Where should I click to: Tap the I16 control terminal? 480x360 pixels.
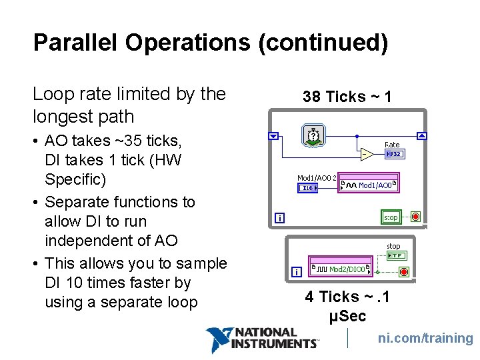click(x=307, y=188)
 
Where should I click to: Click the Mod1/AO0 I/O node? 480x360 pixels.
click(x=369, y=185)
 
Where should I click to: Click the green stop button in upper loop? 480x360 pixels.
click(x=391, y=217)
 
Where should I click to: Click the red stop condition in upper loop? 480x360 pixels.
click(x=415, y=217)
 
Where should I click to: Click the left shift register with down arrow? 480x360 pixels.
click(x=273, y=136)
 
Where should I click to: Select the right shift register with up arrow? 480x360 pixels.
click(x=421, y=136)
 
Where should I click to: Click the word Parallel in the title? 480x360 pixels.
click(x=77, y=43)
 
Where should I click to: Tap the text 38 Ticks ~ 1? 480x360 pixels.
click(x=347, y=97)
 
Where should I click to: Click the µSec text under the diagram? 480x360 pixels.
click(x=347, y=315)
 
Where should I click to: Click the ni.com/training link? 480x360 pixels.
click(x=425, y=338)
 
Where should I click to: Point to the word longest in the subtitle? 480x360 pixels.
click(x=60, y=117)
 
